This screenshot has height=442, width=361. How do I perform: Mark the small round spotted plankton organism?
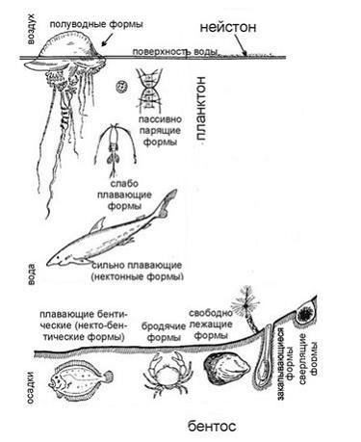tap(121, 88)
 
